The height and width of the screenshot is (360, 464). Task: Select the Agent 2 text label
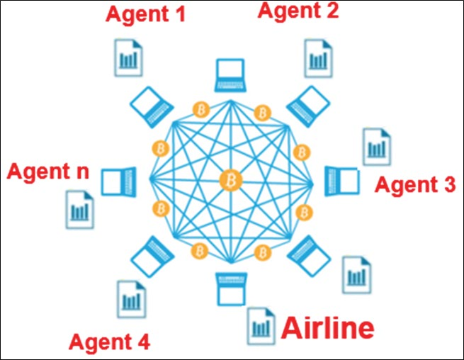click(x=298, y=10)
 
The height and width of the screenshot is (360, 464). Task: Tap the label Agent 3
click(x=414, y=185)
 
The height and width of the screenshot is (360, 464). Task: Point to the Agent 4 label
click(x=109, y=342)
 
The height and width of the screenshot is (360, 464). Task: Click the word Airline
click(x=327, y=327)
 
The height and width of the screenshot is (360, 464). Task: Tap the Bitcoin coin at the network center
click(x=231, y=181)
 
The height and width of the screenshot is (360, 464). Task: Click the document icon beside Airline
click(x=260, y=325)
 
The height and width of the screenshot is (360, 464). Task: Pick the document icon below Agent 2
click(x=318, y=57)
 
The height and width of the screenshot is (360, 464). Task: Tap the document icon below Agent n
click(x=79, y=208)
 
